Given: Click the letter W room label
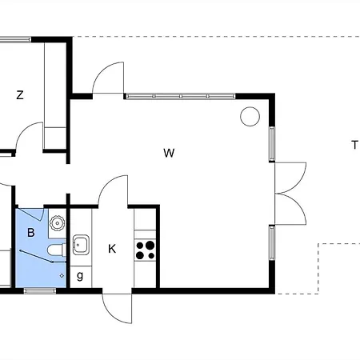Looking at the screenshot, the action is point(169,153).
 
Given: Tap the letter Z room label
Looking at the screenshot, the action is point(20,95).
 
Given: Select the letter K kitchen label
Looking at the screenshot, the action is point(112,249).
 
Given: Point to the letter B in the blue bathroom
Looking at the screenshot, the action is point(31,233).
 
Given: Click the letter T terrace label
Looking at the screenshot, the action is point(354,145).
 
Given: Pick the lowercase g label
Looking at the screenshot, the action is point(80,276).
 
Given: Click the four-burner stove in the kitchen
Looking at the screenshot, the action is point(145,250).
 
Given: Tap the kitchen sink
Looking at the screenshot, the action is point(81,245).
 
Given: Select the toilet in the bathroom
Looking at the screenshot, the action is point(57,250).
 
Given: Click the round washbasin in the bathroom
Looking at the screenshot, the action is point(57,223).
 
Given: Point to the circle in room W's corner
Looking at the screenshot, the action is point(250,116).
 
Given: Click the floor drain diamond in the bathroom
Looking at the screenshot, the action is point(62,276).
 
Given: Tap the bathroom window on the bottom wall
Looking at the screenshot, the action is point(40,291).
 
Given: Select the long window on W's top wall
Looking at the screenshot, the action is point(181,96).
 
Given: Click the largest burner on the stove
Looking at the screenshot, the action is point(150,245).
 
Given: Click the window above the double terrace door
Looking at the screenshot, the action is point(272,144).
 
